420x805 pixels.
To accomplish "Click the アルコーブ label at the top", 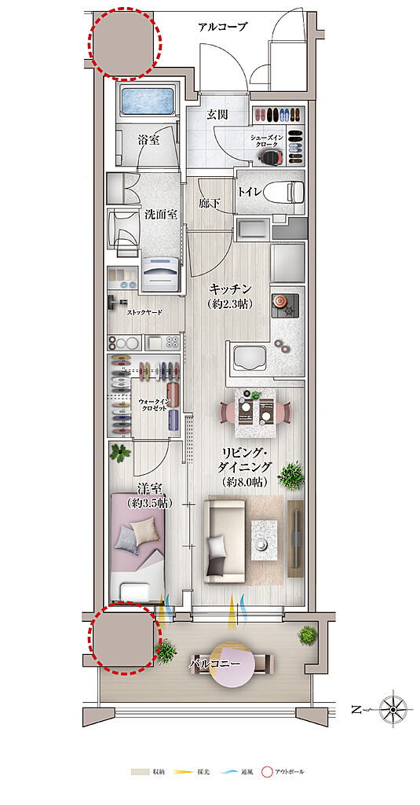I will [x=222, y=27].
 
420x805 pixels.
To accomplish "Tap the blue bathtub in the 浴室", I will [x=149, y=102].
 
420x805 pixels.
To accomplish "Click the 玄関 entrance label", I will [x=217, y=115].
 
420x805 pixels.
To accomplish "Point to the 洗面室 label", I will [x=160, y=214].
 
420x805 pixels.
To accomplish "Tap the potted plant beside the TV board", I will [x=291, y=475].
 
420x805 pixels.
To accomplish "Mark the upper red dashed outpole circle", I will [x=123, y=44].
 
